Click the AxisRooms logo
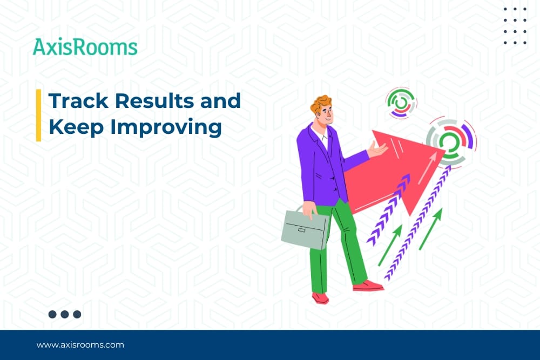(x=85, y=47)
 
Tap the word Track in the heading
(x=78, y=100)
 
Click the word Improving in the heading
(x=166, y=127)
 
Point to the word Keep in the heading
(x=76, y=127)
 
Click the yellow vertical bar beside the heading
(x=38, y=116)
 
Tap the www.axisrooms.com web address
(x=80, y=345)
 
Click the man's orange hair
(x=320, y=104)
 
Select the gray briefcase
(x=305, y=227)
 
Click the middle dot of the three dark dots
(x=65, y=314)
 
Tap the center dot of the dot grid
(x=515, y=31)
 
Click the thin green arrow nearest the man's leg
(x=390, y=245)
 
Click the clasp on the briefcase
(x=302, y=229)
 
